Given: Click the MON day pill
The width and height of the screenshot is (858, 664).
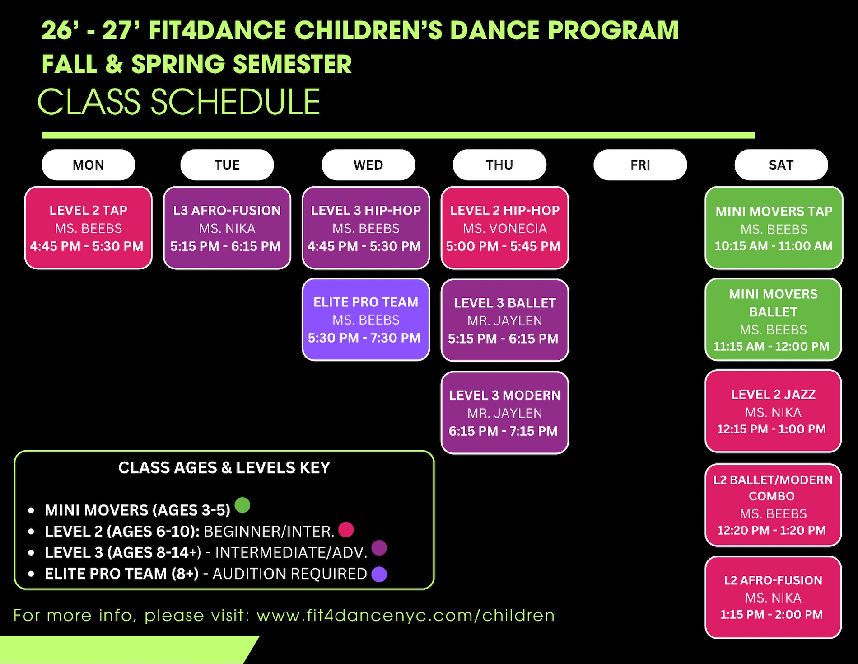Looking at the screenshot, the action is click(x=89, y=165).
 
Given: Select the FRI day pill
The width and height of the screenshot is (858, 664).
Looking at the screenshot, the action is click(x=640, y=165).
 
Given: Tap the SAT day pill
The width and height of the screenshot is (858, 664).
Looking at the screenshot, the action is click(x=781, y=165).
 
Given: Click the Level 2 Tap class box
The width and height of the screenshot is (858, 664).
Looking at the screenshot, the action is click(x=89, y=228).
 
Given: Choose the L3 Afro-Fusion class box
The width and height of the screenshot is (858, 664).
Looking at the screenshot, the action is click(x=227, y=228).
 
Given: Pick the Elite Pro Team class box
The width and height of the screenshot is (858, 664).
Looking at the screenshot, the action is click(x=366, y=320).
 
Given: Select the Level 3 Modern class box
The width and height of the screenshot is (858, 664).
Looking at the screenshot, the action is click(x=505, y=413).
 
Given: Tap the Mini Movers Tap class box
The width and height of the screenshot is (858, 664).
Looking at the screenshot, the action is click(x=774, y=228).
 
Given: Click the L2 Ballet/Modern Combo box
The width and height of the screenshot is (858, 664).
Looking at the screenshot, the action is click(x=773, y=505).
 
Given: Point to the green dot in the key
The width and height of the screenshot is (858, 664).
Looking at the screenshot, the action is click(x=242, y=505).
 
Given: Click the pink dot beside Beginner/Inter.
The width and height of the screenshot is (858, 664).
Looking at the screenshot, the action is click(x=346, y=529).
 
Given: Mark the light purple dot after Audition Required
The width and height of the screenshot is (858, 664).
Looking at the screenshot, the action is click(x=379, y=574).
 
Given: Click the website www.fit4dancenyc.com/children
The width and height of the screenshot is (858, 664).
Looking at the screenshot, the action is click(x=406, y=615).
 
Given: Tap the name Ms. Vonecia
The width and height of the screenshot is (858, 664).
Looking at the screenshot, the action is click(x=505, y=229).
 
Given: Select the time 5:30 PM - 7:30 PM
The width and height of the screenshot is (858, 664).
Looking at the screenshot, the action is click(x=364, y=338).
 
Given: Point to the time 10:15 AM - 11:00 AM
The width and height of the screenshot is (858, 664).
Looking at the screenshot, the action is click(x=774, y=246).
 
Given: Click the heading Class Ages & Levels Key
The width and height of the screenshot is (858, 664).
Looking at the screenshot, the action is click(x=224, y=467).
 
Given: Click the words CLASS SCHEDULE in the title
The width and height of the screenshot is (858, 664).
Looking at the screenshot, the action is click(x=179, y=102).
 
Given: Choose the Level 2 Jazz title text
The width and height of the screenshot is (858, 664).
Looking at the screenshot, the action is click(x=773, y=395).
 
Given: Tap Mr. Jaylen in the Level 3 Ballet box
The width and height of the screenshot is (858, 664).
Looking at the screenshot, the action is click(x=505, y=321).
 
